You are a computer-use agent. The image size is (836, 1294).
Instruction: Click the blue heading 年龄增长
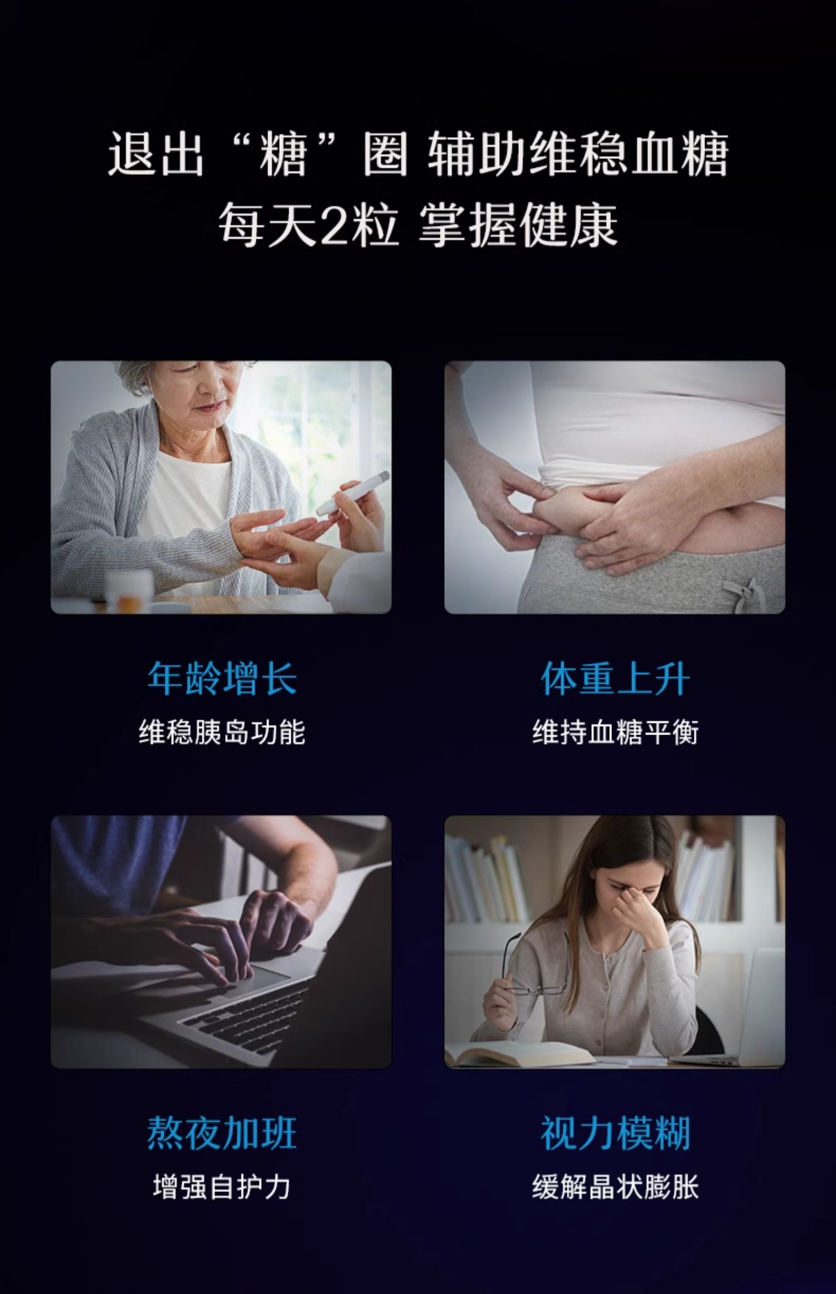(x=222, y=678)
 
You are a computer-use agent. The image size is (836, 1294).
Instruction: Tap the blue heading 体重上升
(x=615, y=678)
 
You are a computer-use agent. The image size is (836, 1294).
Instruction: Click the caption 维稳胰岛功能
(x=222, y=732)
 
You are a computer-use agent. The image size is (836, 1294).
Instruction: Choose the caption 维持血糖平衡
(x=615, y=732)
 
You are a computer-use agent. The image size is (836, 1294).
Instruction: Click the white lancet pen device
(x=352, y=493)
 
